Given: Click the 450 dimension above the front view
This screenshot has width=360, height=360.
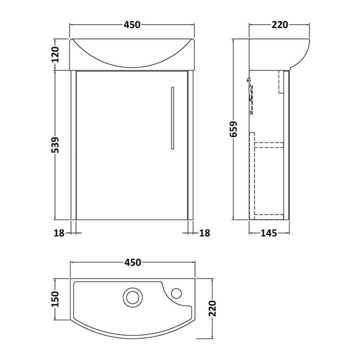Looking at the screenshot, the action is point(132,25).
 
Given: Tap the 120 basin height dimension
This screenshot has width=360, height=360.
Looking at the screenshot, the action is point(55,54).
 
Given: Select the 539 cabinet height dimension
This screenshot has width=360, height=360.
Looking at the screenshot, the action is point(55,145).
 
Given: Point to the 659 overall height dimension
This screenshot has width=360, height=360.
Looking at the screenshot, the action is point(233,129).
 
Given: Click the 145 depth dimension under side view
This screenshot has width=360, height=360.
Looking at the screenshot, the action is point(269,233).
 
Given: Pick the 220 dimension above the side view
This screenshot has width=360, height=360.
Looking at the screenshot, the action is point(280,25).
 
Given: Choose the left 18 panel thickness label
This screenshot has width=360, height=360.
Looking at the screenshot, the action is point(59,233).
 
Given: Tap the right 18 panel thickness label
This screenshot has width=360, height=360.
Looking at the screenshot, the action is point(205,233).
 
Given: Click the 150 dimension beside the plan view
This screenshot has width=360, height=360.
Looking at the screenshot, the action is point(55,299).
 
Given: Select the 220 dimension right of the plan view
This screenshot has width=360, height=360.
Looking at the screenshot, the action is point(212,308).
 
